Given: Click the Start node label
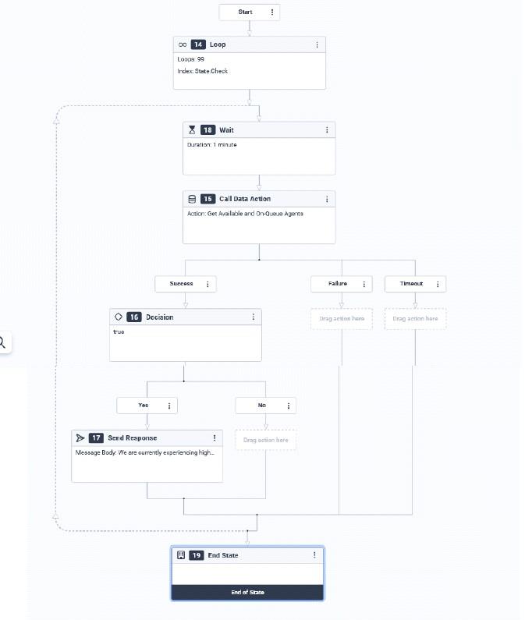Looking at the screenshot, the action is pyautogui.click(x=245, y=12).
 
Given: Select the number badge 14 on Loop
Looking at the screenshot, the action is pyautogui.click(x=198, y=44).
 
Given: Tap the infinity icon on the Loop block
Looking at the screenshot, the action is pyautogui.click(x=183, y=44).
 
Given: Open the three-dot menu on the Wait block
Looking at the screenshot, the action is pyautogui.click(x=327, y=129).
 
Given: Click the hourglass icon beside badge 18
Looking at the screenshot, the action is pyautogui.click(x=192, y=129).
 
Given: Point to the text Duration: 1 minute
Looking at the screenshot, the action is pyautogui.click(x=211, y=145).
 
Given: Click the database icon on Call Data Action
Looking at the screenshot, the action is pyautogui.click(x=192, y=199).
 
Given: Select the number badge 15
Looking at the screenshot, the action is pyautogui.click(x=208, y=199).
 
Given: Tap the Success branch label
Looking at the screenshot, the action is pyautogui.click(x=181, y=284).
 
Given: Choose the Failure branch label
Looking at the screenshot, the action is pyautogui.click(x=338, y=284).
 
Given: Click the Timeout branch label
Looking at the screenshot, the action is pyautogui.click(x=411, y=284).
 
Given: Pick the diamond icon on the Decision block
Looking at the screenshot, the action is pyautogui.click(x=119, y=317).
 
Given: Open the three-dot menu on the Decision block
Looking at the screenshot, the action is pyautogui.click(x=254, y=317).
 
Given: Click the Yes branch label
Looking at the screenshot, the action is pyautogui.click(x=144, y=406).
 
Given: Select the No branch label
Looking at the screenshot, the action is pyautogui.click(x=262, y=406).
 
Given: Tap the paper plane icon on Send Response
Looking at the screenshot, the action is pyautogui.click(x=80, y=438).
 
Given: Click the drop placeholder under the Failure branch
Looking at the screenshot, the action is pyautogui.click(x=342, y=319).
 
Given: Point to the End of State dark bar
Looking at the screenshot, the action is pyautogui.click(x=247, y=593).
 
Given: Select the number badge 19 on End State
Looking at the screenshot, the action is pyautogui.click(x=197, y=555).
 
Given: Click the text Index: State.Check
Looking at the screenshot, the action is pyautogui.click(x=203, y=71).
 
